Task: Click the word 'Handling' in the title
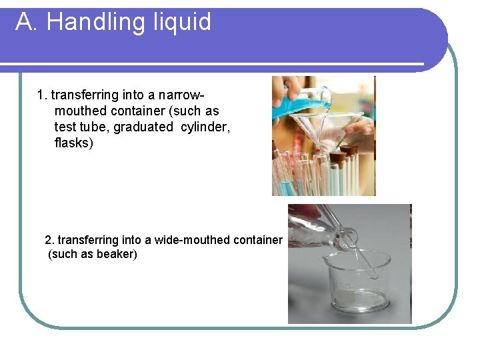click(x=87, y=22)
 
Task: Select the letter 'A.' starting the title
click(x=27, y=22)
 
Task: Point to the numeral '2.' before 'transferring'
click(x=49, y=239)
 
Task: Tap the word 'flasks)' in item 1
click(x=74, y=143)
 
